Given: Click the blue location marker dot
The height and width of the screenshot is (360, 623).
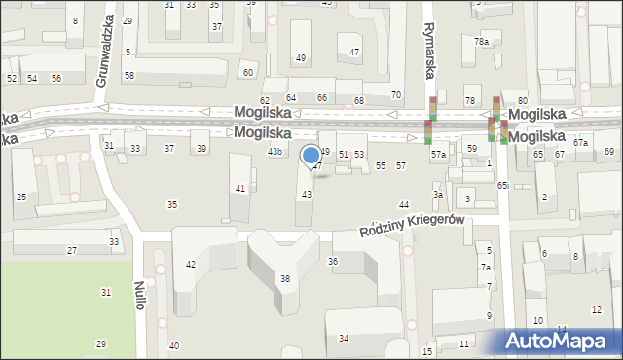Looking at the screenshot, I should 311,155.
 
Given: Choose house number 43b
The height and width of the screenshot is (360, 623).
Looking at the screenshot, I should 275,152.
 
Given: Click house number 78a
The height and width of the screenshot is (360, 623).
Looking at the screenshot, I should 481,42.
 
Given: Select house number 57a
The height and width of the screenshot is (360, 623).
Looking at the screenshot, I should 439,155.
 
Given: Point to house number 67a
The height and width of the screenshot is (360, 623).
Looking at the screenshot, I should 580,143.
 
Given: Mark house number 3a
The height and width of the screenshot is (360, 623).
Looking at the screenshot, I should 438,195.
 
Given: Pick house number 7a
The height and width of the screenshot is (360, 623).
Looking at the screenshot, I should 486,267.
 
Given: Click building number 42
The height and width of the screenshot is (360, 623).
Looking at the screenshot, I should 191,264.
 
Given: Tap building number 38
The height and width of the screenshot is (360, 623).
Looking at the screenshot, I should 285,279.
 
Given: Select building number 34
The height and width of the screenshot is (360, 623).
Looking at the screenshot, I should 344,338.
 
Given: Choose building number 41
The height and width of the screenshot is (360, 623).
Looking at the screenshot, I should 240,188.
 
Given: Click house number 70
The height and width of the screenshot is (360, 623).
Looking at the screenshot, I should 395,94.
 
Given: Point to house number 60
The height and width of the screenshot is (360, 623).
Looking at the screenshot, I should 248,73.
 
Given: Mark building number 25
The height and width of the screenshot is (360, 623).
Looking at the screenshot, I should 21,197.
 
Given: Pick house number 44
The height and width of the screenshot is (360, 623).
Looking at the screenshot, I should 403,204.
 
